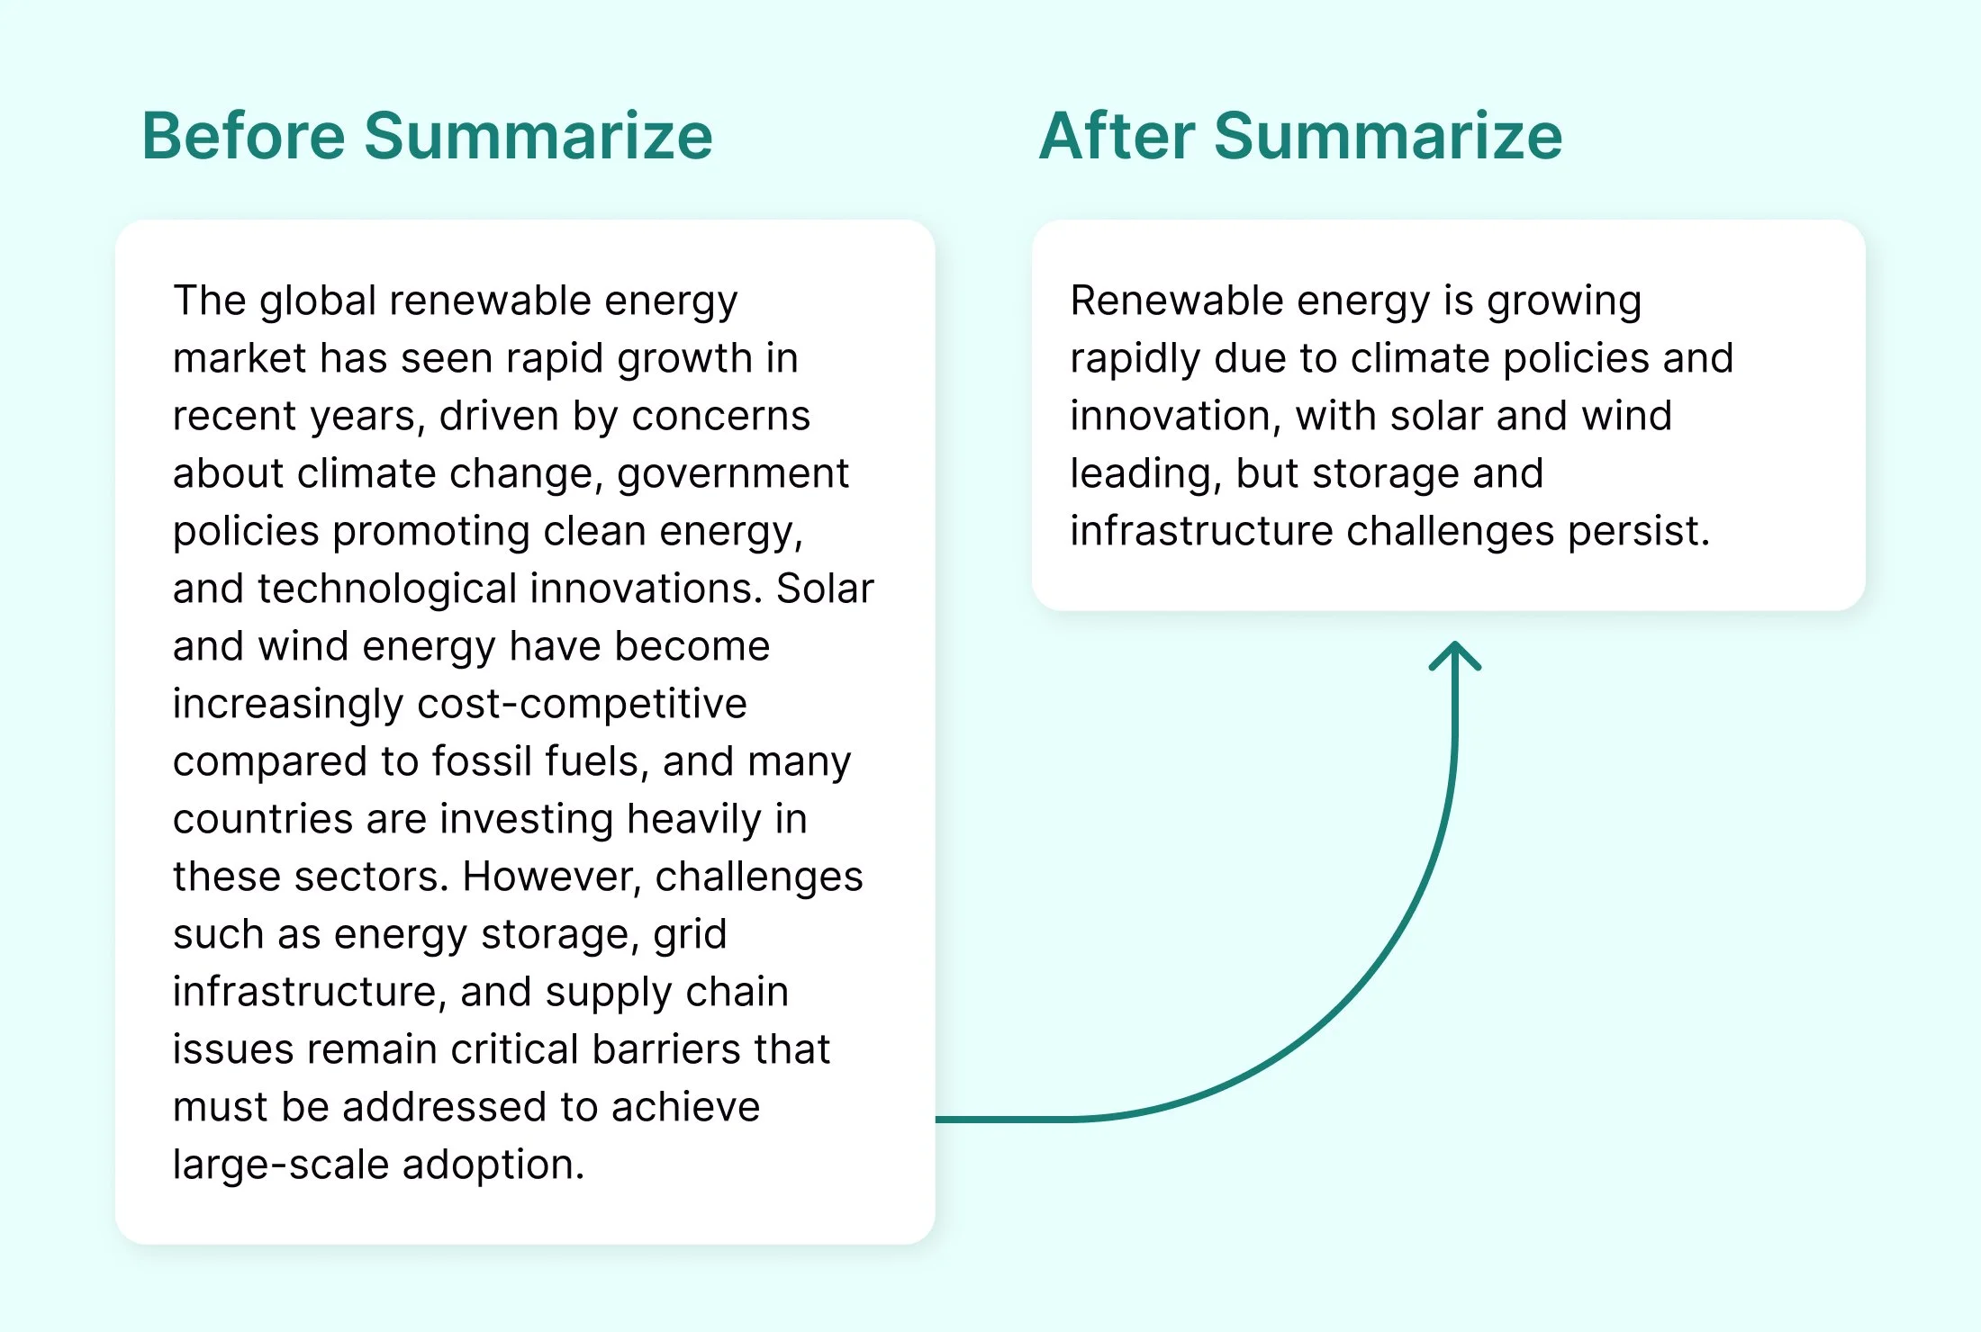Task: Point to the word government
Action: (x=733, y=473)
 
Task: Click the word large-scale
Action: (x=281, y=1165)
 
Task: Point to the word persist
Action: (x=1638, y=531)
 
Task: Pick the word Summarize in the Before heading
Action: (x=538, y=136)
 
